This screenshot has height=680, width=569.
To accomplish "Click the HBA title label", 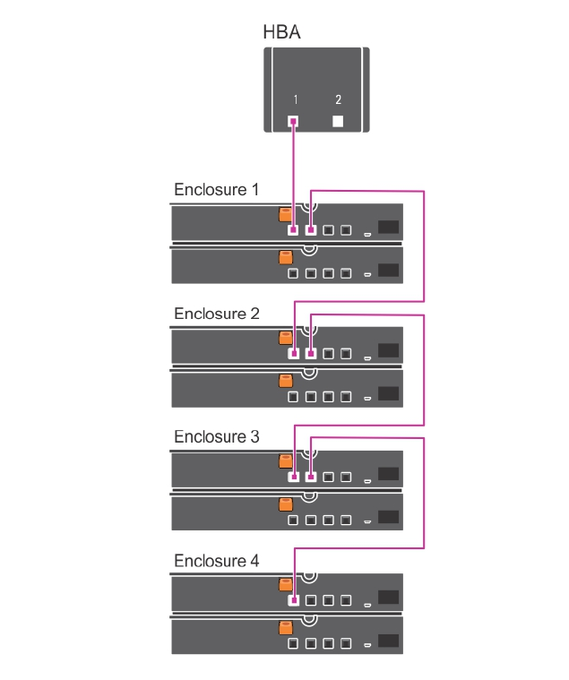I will (x=280, y=33).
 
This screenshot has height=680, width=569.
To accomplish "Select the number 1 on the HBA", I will (x=295, y=99).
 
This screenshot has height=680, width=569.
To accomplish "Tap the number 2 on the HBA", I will (x=338, y=99).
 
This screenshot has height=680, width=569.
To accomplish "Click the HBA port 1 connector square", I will (x=294, y=122).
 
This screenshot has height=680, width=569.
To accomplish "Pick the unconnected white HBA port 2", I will (x=338, y=122).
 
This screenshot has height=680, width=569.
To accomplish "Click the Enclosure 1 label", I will (x=216, y=190).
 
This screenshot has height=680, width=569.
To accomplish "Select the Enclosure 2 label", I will (x=216, y=314).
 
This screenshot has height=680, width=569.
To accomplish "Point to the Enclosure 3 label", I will (x=216, y=437).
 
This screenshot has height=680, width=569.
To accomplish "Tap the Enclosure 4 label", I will (x=216, y=561).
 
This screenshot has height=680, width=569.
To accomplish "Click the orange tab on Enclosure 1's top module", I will (x=286, y=215).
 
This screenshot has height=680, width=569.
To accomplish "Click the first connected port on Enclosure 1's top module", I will (x=293, y=230).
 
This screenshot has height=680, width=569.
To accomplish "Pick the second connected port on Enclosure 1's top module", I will (x=311, y=230).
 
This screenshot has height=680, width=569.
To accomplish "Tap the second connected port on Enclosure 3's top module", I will (x=311, y=478).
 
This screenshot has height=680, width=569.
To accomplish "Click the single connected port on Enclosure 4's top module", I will (x=293, y=601).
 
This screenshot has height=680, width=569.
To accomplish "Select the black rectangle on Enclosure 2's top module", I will (x=388, y=350).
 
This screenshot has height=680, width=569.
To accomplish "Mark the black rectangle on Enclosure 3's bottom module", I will (x=388, y=517).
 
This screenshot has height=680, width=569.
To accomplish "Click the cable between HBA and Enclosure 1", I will (x=294, y=170).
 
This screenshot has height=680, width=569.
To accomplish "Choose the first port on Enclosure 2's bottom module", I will (x=293, y=395).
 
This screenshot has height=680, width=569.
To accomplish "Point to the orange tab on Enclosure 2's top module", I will (x=286, y=339).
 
